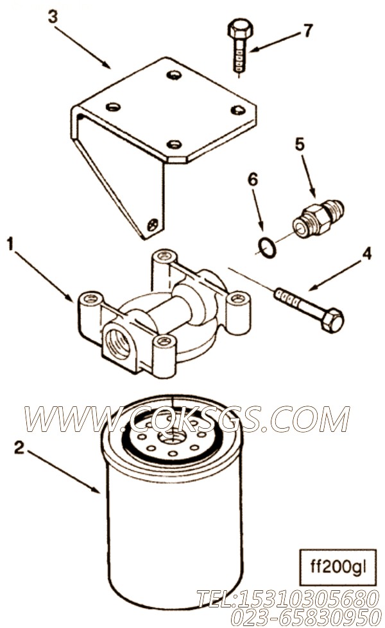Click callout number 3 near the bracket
point(53,17)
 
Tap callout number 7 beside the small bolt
point(307,31)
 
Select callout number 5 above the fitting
point(300,144)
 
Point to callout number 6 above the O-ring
point(252,180)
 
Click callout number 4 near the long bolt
point(366,254)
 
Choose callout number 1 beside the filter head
point(10,244)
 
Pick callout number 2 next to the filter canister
point(19,448)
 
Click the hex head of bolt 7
point(240,29)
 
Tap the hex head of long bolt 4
point(332,320)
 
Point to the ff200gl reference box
point(338,567)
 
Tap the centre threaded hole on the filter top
point(172,436)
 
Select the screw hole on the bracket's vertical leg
point(153,225)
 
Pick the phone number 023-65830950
point(306,616)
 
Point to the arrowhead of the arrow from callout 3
point(107,65)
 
